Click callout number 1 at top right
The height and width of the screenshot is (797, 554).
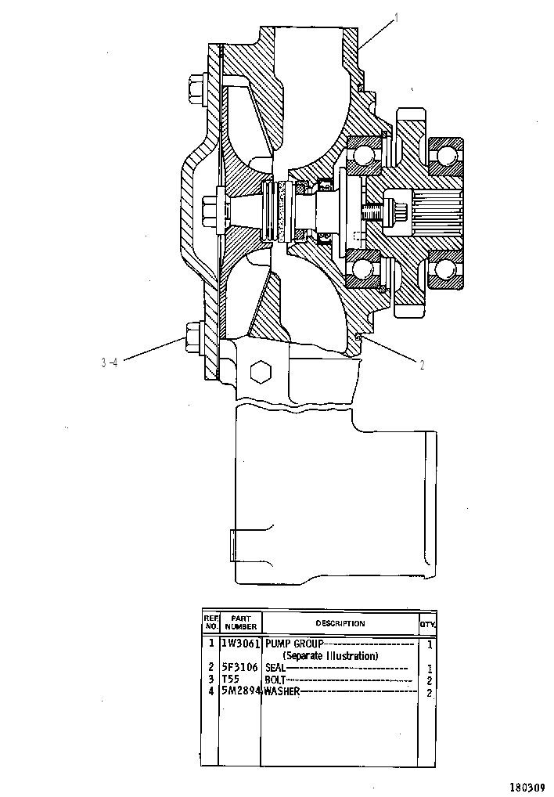click(397, 18)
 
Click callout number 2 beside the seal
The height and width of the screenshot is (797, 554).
click(422, 365)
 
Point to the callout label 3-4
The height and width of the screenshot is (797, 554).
click(110, 362)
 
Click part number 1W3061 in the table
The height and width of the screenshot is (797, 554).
click(241, 644)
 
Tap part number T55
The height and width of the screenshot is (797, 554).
click(231, 679)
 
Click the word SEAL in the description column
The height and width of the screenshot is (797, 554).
click(275, 667)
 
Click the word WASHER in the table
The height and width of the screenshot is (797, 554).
click(282, 691)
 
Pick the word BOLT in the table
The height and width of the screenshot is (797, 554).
click(275, 680)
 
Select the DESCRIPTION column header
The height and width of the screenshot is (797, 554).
click(340, 623)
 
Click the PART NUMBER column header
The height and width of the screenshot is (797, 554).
click(241, 622)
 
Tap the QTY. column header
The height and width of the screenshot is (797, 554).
click(427, 625)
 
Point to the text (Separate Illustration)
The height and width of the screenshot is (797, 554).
click(330, 656)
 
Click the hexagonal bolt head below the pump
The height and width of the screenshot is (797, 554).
click(261, 372)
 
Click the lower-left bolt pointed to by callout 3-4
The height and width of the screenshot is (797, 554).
click(193, 337)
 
